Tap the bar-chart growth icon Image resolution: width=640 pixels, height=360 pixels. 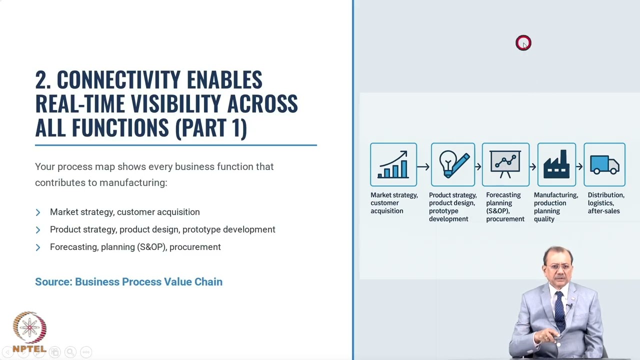[x=393, y=164]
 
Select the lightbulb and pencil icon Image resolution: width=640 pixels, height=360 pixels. [x=453, y=164]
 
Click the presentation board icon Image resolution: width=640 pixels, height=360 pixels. [x=505, y=164]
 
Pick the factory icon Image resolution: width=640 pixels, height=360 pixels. [x=556, y=164]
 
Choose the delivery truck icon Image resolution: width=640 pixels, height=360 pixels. [x=604, y=165]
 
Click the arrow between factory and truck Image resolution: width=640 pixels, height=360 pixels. [x=579, y=166]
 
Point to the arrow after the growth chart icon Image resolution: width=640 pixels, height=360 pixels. [x=423, y=166]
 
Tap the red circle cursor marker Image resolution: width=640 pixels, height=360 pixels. [x=523, y=43]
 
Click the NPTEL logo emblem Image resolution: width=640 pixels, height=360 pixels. [x=29, y=327]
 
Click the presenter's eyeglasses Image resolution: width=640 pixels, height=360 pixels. [x=557, y=267]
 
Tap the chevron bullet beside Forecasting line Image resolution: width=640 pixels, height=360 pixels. [x=38, y=247]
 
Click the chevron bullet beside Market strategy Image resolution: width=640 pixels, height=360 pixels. [x=38, y=212]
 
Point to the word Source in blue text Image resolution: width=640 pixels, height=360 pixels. [x=53, y=281]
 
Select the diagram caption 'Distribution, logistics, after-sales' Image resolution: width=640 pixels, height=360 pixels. [x=606, y=203]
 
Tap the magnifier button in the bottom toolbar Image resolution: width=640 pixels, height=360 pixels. [x=70, y=352]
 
